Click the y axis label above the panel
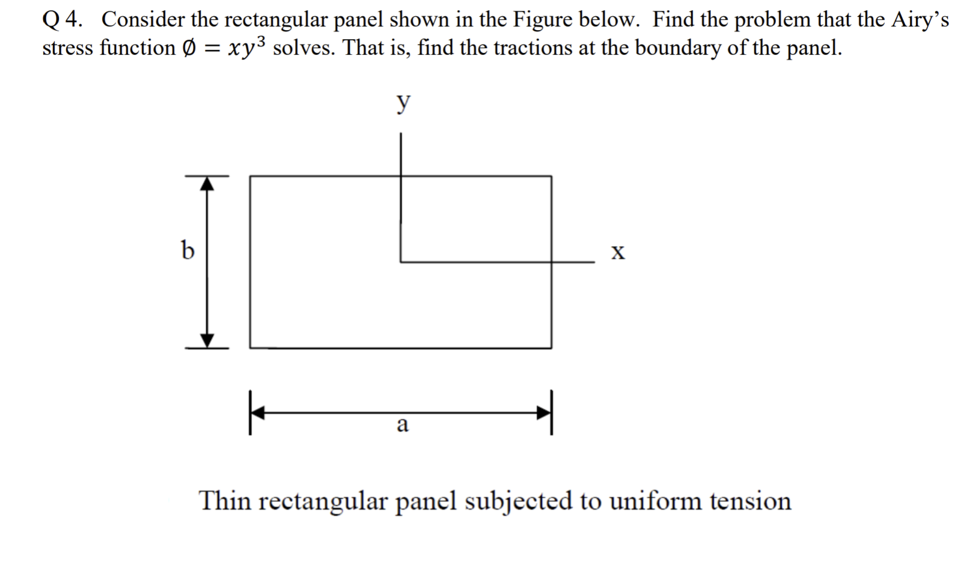coord(403,103)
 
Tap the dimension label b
coord(188,249)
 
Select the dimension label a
coord(403,424)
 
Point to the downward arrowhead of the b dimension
coord(207,341)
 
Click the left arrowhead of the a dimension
coord(257,412)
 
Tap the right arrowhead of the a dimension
coord(545,412)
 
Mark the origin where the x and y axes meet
coord(401,262)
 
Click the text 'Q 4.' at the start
coord(63,20)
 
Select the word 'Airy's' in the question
coord(920,20)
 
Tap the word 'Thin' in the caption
coord(224,500)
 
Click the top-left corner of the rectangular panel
coord(250,176)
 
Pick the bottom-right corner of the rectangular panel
coord(551,348)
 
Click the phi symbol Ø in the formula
coord(189,48)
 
